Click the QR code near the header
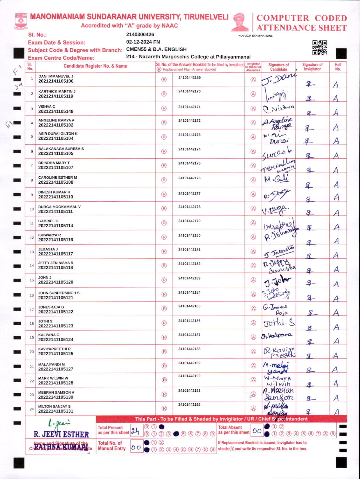click(x=320, y=48)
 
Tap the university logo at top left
click(x=21, y=21)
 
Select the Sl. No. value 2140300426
click(x=140, y=35)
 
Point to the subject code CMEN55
click(x=136, y=49)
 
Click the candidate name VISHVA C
click(x=47, y=107)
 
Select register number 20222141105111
click(x=56, y=212)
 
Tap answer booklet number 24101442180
click(x=189, y=235)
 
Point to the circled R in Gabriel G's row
click(x=164, y=223)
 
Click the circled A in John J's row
click(x=253, y=280)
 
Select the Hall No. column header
click(x=338, y=67)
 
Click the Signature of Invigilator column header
click(x=312, y=67)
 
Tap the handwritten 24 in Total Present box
click(x=135, y=431)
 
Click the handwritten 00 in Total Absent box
click(x=257, y=431)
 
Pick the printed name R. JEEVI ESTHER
click(x=61, y=434)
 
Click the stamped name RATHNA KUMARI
click(x=61, y=446)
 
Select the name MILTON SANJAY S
click(x=54, y=406)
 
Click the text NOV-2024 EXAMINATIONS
click(x=255, y=36)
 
